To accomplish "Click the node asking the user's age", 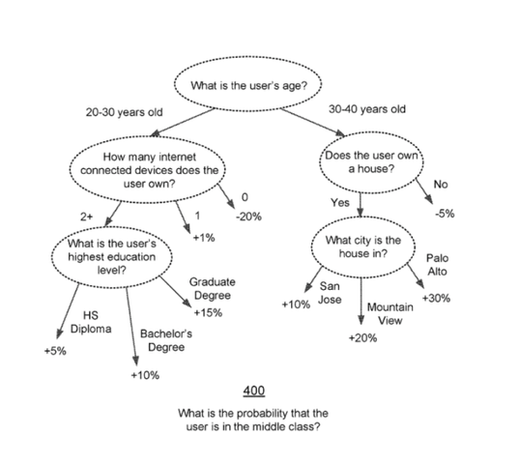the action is (248, 84).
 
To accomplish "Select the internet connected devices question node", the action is (148, 169).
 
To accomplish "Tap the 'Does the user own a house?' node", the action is (371, 162).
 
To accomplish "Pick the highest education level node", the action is (112, 257).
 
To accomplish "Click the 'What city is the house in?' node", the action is (362, 246).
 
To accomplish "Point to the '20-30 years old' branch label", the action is (124, 112).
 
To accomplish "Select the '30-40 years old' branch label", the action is (367, 109).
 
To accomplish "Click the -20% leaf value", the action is (248, 217).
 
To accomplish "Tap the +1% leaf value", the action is (204, 238).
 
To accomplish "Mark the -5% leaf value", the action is (445, 214).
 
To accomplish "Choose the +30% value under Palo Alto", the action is (436, 299).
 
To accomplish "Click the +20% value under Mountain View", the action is (362, 338).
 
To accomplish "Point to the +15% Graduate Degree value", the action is (208, 313).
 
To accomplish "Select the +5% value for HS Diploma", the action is (55, 351).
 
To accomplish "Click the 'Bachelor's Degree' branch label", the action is (166, 340).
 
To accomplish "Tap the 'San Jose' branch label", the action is (330, 293).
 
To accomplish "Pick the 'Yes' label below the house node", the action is (340, 203).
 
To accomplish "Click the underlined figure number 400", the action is (254, 391).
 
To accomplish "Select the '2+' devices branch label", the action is (87, 217).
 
